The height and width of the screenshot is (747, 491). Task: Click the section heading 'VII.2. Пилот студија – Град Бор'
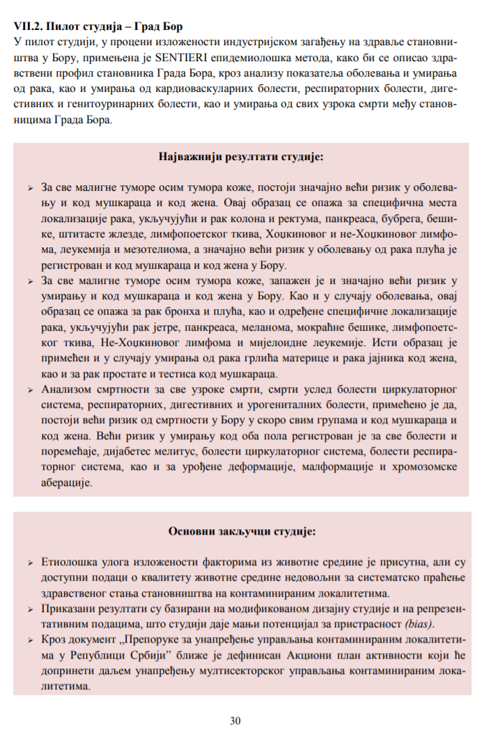(98, 27)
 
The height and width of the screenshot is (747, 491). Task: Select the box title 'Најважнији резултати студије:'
(240, 157)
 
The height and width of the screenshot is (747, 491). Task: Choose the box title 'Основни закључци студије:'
(242, 531)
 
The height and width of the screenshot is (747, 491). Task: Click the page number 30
(235, 721)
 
